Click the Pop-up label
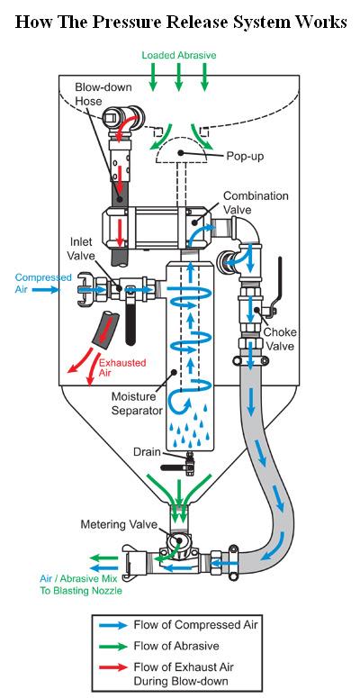tap(245, 156)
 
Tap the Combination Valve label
tap(256, 202)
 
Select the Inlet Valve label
tap(81, 249)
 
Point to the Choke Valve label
tap(280, 339)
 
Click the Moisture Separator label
tap(137, 403)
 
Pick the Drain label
tap(147, 452)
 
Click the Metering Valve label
tap(119, 524)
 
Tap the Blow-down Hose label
tap(103, 94)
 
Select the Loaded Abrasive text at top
tap(179, 55)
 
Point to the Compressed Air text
tap(43, 284)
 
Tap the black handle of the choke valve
tap(278, 284)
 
